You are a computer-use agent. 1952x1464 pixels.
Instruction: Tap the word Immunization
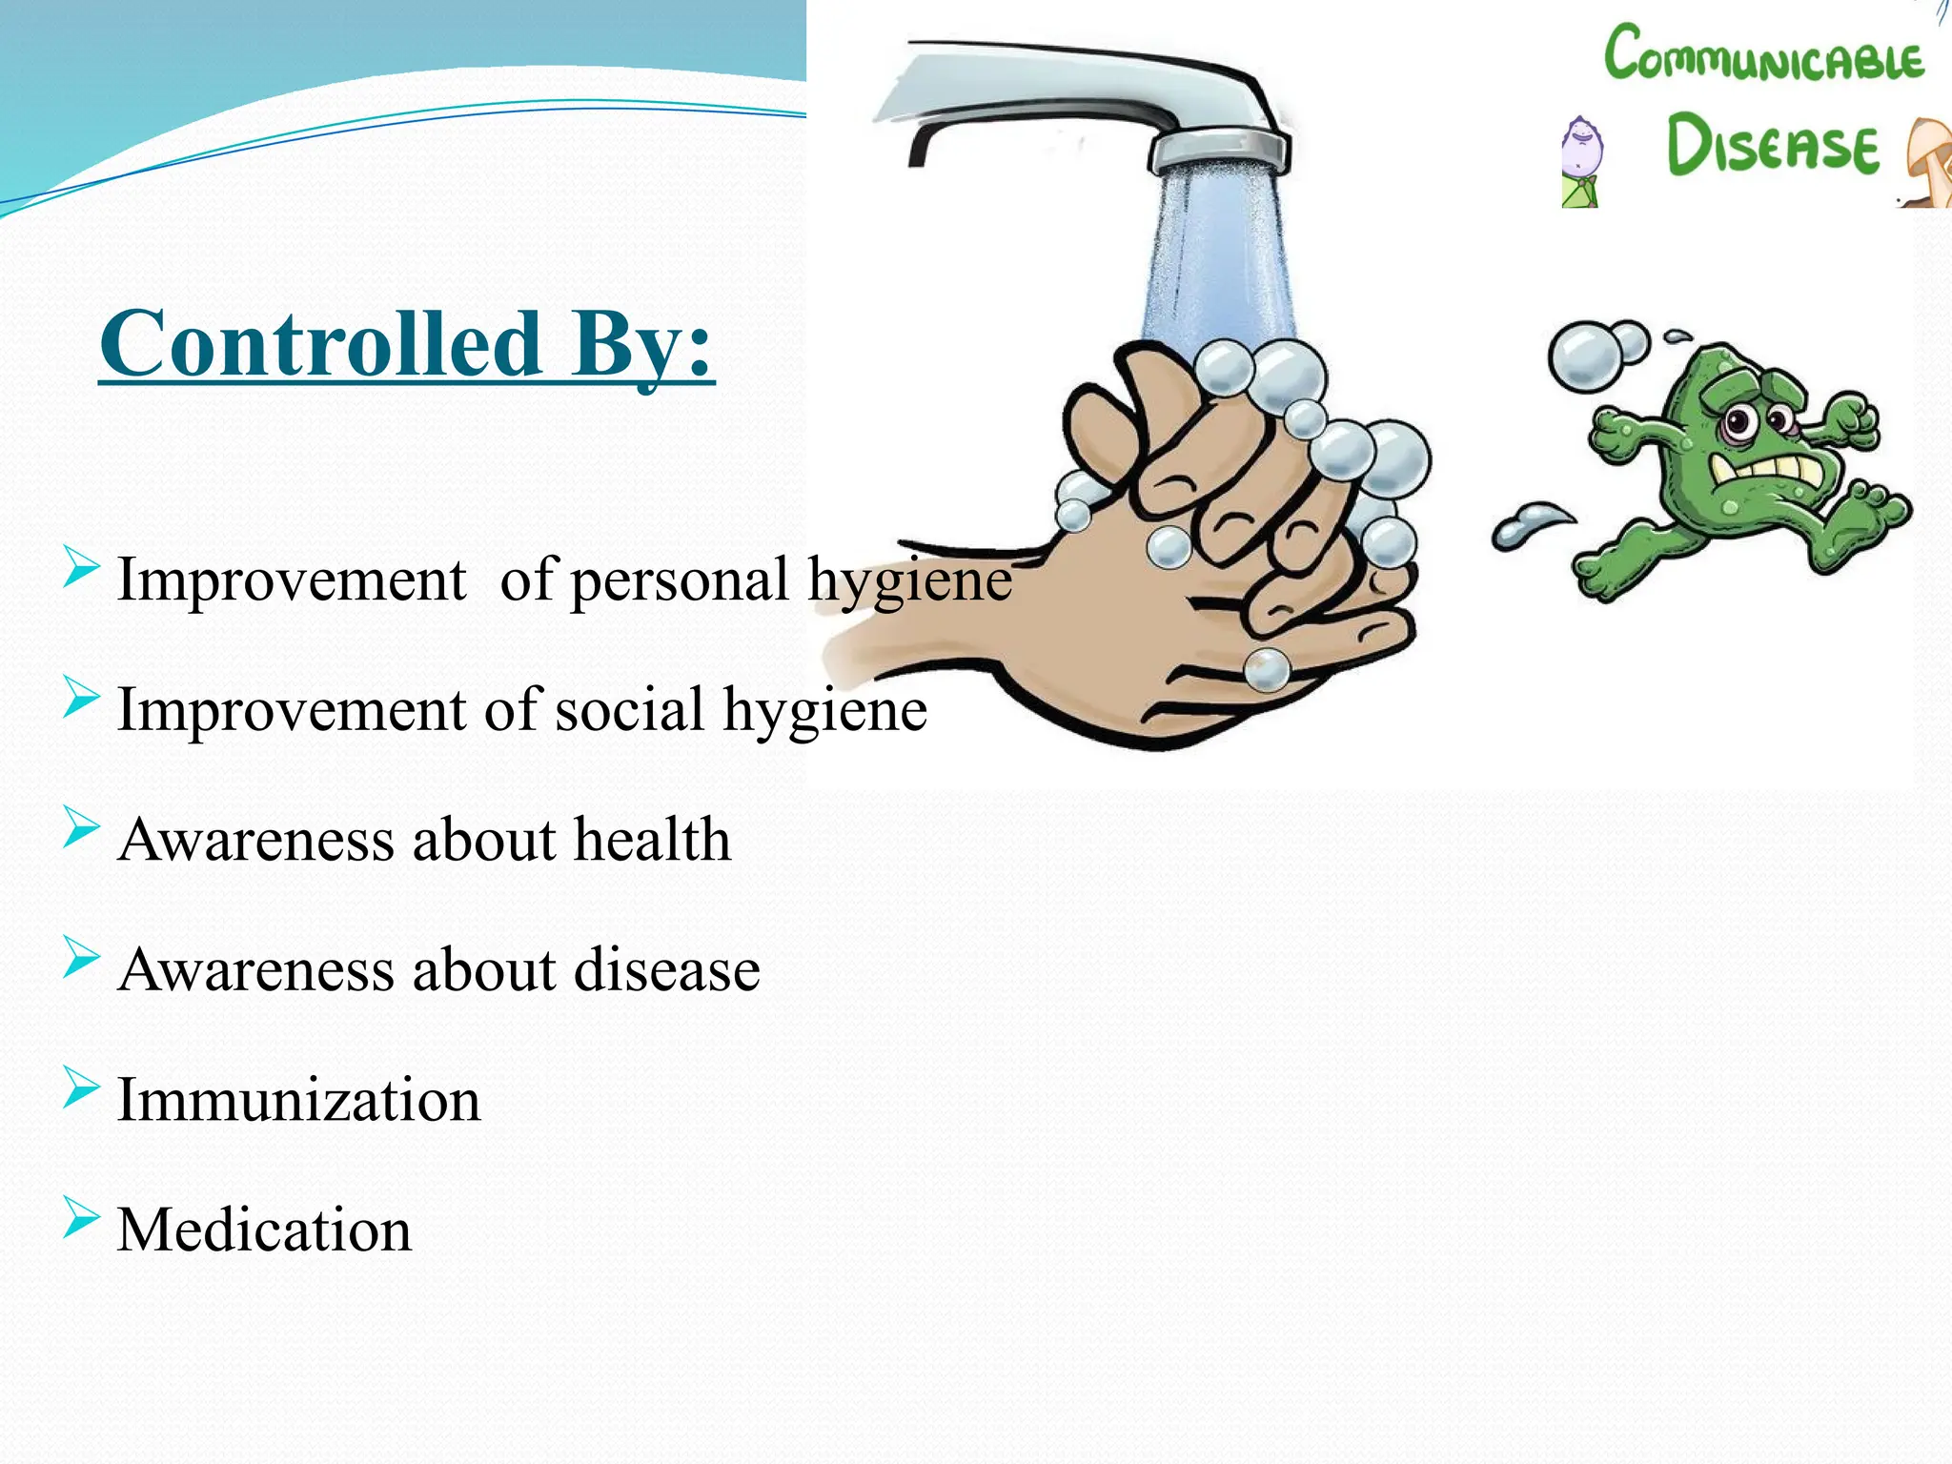pyautogui.click(x=298, y=1099)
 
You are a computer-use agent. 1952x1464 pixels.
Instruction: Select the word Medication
pyautogui.click(x=264, y=1230)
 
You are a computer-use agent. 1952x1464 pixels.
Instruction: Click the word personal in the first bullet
pyautogui.click(x=680, y=579)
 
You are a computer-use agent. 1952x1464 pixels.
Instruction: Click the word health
pyautogui.click(x=652, y=840)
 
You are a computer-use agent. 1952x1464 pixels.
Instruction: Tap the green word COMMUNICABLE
pyautogui.click(x=1763, y=54)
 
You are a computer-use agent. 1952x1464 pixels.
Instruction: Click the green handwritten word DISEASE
pyautogui.click(x=1772, y=145)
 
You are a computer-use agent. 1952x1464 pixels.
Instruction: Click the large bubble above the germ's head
pyautogui.click(x=1584, y=356)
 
